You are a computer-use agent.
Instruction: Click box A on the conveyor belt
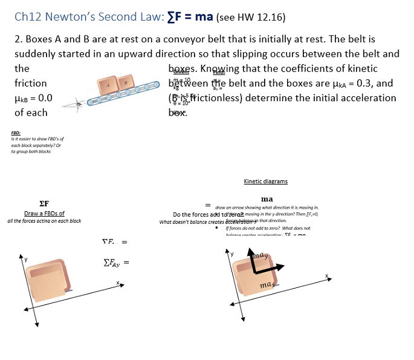point(109,85)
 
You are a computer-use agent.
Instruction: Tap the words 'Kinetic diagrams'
point(265,181)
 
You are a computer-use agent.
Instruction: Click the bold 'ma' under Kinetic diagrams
point(267,199)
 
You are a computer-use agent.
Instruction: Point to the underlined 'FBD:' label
point(16,133)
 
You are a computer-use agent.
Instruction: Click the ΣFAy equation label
point(112,263)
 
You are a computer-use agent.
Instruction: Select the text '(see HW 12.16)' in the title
point(250,17)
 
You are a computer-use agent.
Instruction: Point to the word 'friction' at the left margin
point(31,83)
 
